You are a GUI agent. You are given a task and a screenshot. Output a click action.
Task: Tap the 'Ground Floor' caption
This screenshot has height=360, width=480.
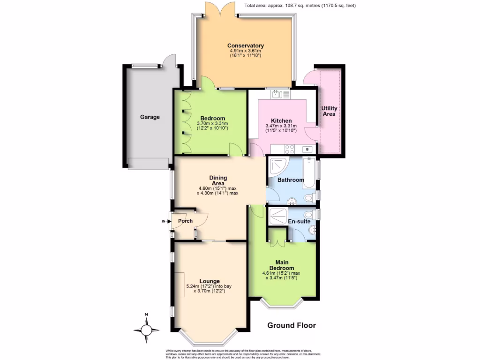[292, 325]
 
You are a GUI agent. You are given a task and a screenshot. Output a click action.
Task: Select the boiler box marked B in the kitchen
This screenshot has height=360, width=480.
[307, 150]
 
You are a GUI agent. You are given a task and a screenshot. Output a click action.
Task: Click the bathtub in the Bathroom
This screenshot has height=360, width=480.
[310, 170]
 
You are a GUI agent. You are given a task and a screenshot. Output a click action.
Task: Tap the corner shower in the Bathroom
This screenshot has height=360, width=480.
[276, 165]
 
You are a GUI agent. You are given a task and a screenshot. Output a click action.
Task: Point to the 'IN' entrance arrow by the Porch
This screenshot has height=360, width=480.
[165, 221]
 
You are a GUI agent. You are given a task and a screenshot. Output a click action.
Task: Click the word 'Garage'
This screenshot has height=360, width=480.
[150, 117]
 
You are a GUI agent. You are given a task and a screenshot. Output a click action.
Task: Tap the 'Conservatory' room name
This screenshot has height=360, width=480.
[246, 45]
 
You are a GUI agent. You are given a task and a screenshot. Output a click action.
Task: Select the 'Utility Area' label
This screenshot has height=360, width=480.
[329, 111]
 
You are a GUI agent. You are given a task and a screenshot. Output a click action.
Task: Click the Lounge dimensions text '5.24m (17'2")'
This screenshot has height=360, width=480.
[209, 286]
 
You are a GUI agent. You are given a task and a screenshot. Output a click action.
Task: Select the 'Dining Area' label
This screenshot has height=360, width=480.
[218, 180]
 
